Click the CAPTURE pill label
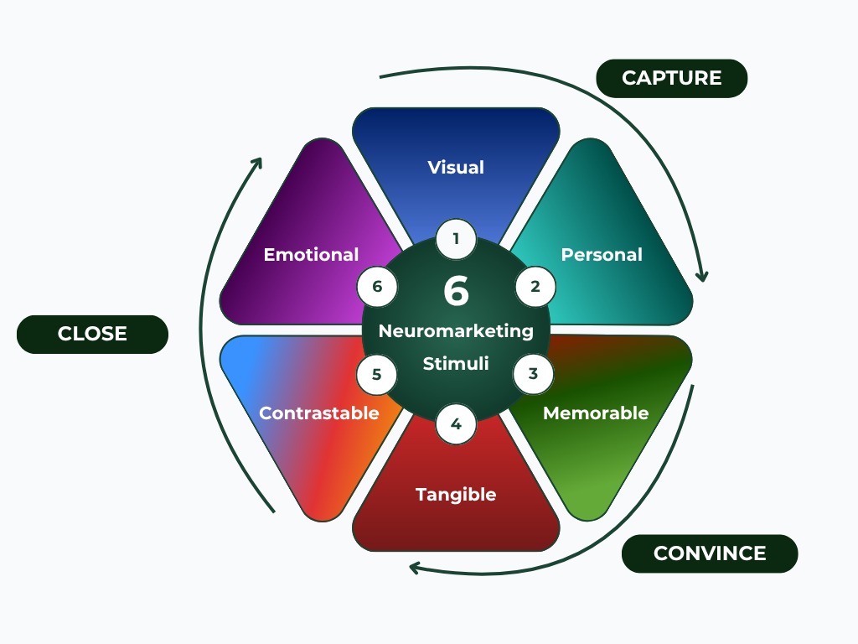(671, 78)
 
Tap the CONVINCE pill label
(710, 553)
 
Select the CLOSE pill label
(92, 334)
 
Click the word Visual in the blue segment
(456, 167)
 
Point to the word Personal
(602, 254)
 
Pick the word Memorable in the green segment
(596, 413)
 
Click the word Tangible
(456, 494)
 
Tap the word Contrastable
(319, 413)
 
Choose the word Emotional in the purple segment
(311, 254)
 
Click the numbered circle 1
(456, 239)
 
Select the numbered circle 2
(535, 287)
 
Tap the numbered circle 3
(534, 374)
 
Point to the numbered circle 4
(456, 423)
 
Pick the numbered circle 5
(377, 374)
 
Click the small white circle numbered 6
(377, 287)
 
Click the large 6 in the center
(456, 291)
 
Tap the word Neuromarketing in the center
(456, 330)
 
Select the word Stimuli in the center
(456, 365)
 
